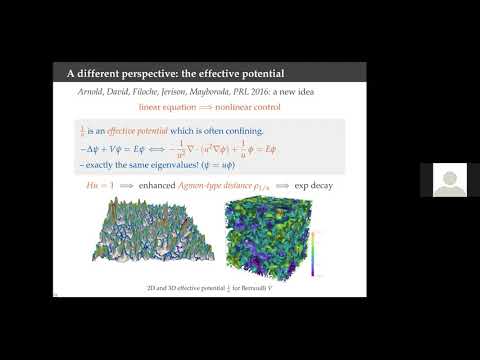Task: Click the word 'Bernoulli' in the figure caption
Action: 244,289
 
